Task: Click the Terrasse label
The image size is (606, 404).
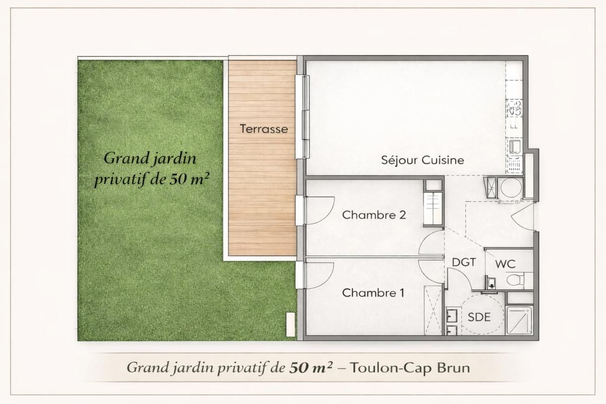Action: [x=264, y=129]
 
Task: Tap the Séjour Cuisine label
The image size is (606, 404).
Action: [x=422, y=161]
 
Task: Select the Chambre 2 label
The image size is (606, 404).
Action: [x=374, y=215]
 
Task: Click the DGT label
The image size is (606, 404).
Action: [x=464, y=262]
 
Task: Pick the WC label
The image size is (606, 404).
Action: [x=505, y=264]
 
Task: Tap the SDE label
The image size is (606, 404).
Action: [x=479, y=317]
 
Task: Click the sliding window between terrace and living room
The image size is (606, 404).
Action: [x=305, y=116]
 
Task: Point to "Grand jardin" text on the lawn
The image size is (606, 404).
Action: [x=149, y=158]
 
